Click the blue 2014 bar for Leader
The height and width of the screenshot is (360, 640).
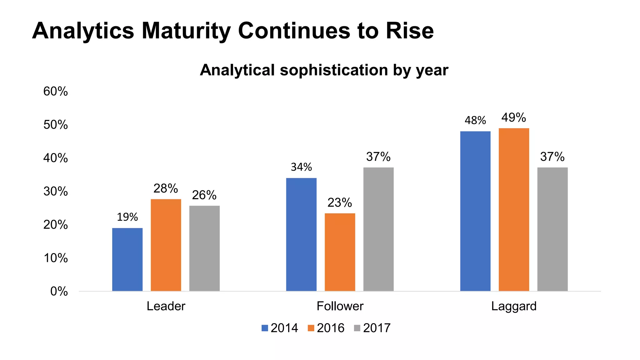coord(127,259)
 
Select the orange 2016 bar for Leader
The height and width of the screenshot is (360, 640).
coord(166,245)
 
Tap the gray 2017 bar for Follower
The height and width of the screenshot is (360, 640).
coord(378,229)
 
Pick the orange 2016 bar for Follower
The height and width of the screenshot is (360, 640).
coord(340,252)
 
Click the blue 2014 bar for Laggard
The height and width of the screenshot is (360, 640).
coord(475,211)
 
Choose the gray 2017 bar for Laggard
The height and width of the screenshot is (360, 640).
coord(552,229)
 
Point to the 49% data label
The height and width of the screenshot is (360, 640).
coord(513,118)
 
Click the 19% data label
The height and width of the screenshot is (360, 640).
coord(127,217)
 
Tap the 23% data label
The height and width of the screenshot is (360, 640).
coord(340,203)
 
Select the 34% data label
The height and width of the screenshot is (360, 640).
coord(301,167)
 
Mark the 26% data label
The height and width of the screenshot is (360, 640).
coord(204,195)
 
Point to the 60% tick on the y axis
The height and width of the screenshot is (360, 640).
coord(55,92)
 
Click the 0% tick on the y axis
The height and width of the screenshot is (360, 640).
coord(59,292)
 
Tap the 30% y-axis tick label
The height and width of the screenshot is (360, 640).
coord(55,192)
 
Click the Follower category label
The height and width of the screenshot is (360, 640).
coord(340,306)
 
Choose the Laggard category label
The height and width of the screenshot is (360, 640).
coord(513,306)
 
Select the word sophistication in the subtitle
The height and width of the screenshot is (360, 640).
coord(334,70)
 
